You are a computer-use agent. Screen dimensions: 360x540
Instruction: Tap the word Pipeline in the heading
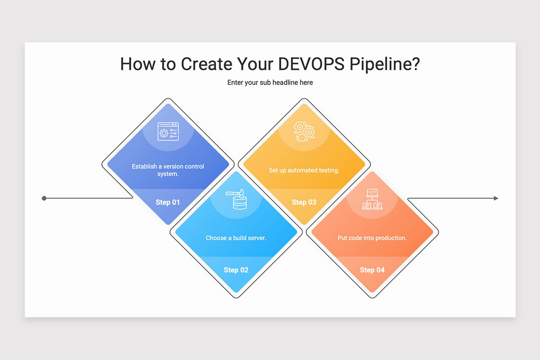pos(380,64)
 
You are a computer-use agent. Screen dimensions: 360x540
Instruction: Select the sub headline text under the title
pos(270,82)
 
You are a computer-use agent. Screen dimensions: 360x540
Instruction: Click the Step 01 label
pos(168,202)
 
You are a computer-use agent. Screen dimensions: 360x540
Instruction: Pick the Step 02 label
pos(236,270)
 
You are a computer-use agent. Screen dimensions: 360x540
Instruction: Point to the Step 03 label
pos(304,202)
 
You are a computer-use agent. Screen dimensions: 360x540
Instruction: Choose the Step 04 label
pos(372,270)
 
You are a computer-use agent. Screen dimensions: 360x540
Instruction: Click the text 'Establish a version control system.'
pos(168,170)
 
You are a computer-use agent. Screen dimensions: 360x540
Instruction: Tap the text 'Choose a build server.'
pos(236,238)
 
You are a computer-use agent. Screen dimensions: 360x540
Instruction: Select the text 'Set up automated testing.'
pos(304,170)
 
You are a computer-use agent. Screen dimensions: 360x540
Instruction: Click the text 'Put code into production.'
pos(372,238)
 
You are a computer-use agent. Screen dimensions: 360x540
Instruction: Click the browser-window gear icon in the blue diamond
pos(168,131)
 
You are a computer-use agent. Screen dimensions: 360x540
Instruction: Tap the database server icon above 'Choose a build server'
pos(236,199)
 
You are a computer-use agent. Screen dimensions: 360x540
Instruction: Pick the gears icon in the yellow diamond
pos(304,131)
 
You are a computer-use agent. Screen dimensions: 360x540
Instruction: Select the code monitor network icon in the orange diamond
pos(372,199)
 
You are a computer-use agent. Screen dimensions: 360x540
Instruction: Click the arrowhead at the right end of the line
pos(496,198)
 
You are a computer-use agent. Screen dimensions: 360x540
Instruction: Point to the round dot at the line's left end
pos(44,198)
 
